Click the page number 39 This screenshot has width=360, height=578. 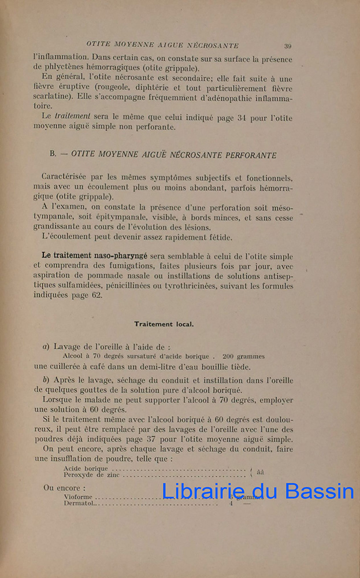tap(287, 46)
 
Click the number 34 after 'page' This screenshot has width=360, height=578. tap(242, 118)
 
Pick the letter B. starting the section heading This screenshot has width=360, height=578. tap(53, 155)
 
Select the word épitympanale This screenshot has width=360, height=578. tap(94, 217)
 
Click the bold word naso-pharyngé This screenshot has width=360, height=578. tap(120, 255)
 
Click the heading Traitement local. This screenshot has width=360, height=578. tap(164, 324)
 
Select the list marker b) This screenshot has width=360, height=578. tap(46, 380)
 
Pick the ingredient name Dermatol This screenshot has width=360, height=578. tap(80, 503)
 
